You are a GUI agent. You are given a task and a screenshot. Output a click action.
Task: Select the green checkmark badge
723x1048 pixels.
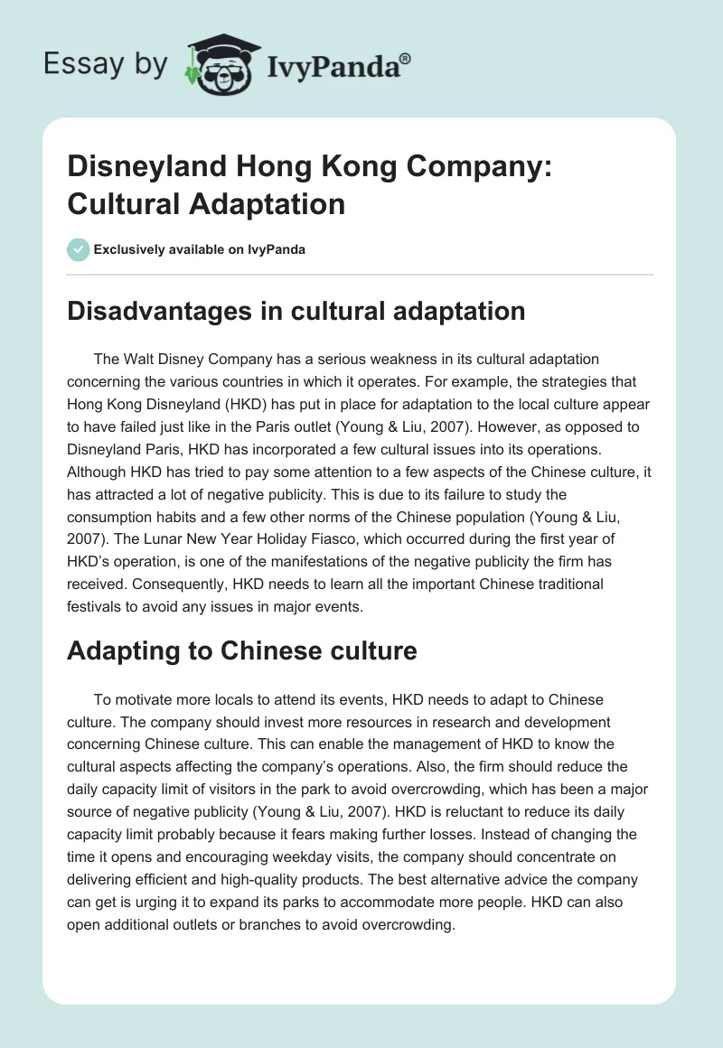(78, 249)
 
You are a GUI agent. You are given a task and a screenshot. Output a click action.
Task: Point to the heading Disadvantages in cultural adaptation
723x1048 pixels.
(296, 311)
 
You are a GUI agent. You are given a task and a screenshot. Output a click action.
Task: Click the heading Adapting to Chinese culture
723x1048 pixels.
(241, 651)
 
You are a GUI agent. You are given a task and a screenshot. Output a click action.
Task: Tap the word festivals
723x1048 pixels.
(94, 607)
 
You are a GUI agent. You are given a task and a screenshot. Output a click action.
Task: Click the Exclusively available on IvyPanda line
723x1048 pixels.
(200, 249)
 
